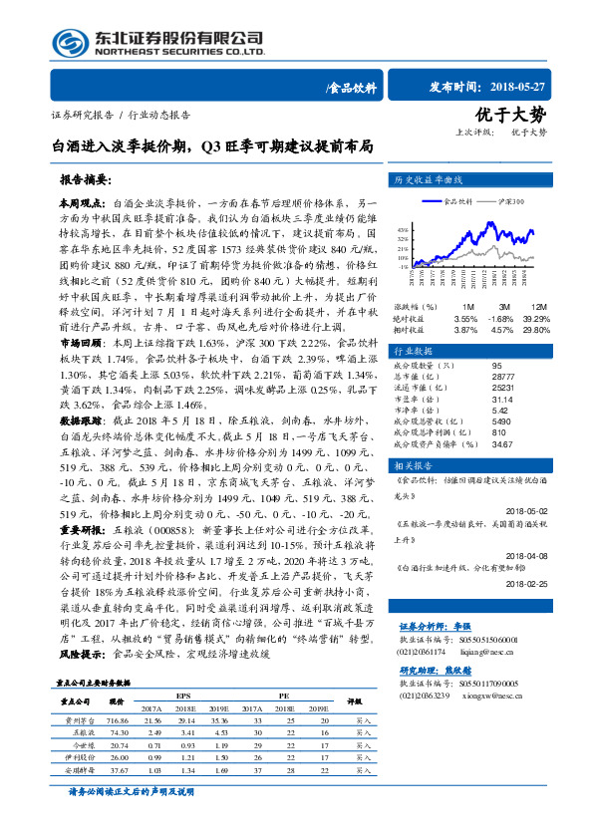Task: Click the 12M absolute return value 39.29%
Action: (534, 318)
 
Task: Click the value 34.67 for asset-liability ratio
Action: (474, 443)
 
